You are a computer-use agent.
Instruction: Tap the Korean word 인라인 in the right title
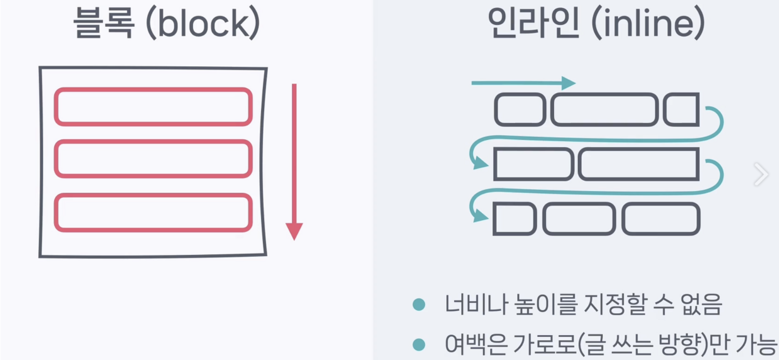pos(533,23)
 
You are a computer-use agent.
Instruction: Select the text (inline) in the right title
pos(648,23)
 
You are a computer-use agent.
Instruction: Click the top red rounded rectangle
pos(153,107)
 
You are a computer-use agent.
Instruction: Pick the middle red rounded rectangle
pos(153,159)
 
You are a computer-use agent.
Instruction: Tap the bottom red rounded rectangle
pos(153,212)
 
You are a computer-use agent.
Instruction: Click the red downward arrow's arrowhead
pos(294,231)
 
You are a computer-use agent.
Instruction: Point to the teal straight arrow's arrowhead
pos(568,83)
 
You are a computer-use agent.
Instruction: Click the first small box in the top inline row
pos(520,110)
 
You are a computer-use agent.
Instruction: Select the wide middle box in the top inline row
pos(605,110)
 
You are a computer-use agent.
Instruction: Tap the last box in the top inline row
pos(681,110)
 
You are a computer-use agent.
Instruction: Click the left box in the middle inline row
pos(533,164)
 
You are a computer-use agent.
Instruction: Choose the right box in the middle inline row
pos(639,164)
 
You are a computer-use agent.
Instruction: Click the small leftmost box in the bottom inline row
pos(514,219)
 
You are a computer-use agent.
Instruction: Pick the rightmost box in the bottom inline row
pos(661,219)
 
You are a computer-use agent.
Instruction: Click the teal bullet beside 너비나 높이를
pos(419,305)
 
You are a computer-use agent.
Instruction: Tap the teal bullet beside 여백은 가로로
pos(419,344)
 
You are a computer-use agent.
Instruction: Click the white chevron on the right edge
pos(761,174)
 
